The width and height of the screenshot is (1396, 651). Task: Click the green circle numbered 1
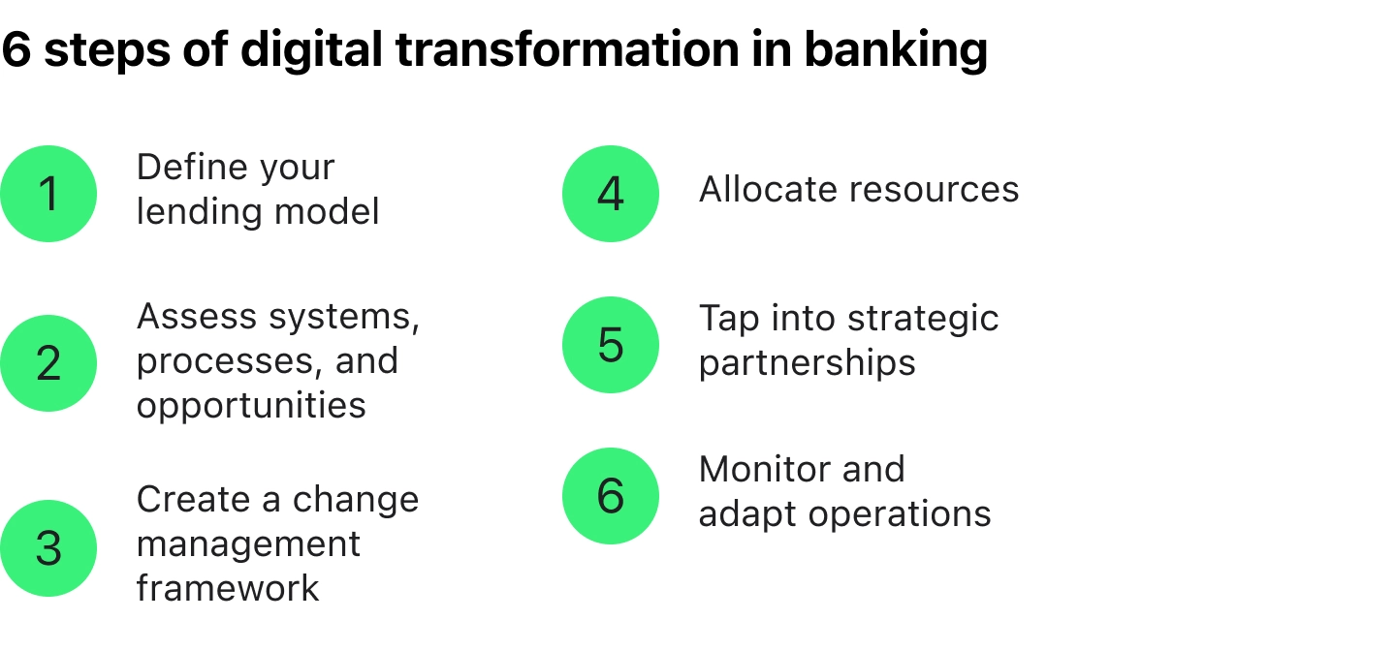tap(48, 194)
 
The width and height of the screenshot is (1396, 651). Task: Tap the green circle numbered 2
tap(48, 363)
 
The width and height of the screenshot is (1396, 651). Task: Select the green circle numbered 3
tap(48, 548)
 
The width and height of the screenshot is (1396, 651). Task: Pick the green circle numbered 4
tap(611, 194)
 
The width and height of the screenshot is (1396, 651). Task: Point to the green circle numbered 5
tap(611, 345)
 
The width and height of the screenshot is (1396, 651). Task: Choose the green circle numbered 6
tap(611, 496)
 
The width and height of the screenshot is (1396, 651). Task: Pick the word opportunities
tap(251, 406)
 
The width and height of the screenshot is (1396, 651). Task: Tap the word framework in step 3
tap(228, 588)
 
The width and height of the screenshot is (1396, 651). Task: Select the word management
tap(248, 545)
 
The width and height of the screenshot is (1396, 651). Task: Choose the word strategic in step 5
tap(922, 320)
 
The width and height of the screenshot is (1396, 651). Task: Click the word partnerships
tap(807, 364)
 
